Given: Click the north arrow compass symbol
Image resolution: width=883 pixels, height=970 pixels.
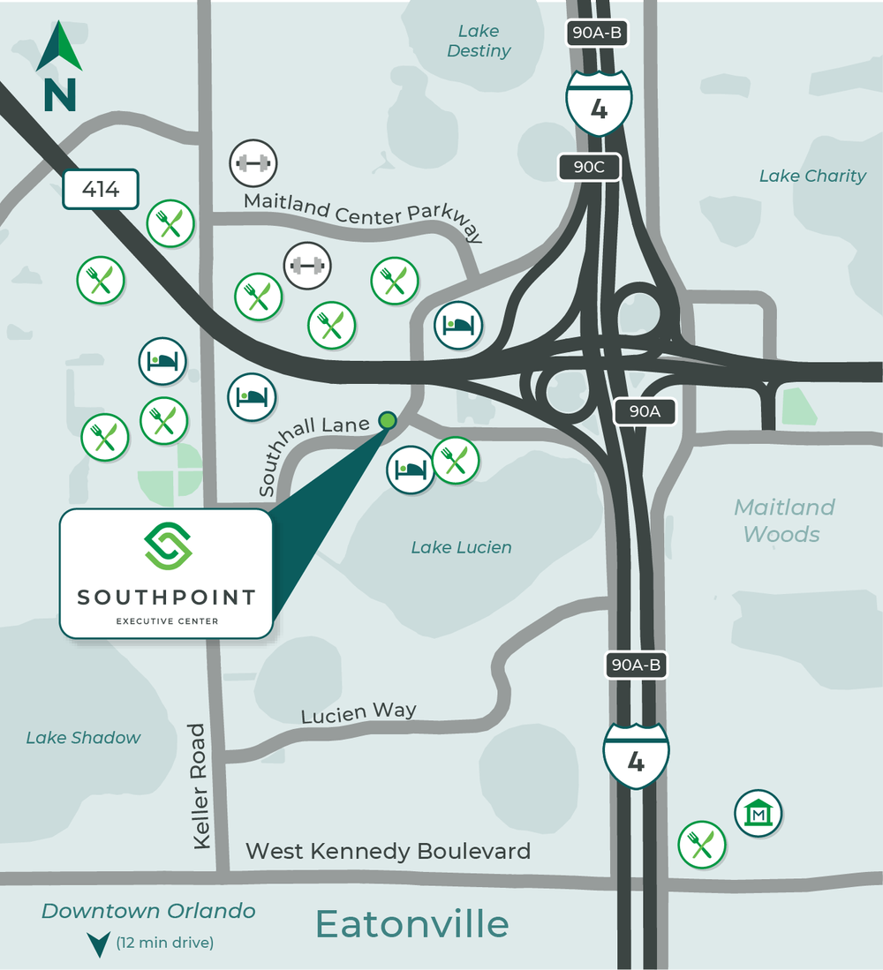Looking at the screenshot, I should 59,66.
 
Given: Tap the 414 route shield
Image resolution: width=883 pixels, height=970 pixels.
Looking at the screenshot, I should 102,188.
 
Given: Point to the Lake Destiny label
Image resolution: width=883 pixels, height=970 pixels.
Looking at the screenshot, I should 479,41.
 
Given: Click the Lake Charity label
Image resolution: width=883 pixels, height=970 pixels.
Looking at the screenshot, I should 812,176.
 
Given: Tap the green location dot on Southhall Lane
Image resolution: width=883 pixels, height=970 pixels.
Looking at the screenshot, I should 387,420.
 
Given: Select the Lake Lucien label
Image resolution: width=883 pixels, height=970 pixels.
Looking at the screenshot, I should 461,547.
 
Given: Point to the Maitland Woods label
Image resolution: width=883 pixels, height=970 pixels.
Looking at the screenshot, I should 783,521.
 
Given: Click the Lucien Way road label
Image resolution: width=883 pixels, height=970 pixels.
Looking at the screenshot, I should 358,712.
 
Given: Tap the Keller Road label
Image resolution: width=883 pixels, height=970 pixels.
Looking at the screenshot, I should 200,787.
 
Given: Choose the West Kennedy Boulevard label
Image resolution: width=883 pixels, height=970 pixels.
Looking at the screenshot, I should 388,851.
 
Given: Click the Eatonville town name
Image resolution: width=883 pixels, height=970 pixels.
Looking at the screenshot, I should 412,924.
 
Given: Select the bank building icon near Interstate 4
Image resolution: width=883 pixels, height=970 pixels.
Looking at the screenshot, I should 758,813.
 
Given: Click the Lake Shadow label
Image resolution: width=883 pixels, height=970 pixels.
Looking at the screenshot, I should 83,737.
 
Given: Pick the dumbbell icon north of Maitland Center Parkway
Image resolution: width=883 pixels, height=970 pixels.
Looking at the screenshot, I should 253,162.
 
